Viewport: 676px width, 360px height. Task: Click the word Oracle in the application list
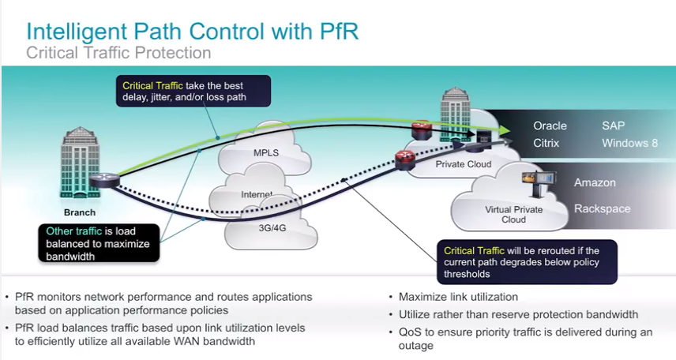(x=550, y=126)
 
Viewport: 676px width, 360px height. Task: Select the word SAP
(x=613, y=126)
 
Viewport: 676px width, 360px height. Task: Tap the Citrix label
(x=546, y=143)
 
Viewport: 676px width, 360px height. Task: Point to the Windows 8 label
(x=629, y=143)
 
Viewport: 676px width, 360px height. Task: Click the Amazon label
(x=595, y=182)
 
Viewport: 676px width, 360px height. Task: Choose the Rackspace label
(x=602, y=208)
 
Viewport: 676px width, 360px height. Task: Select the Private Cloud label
(x=464, y=164)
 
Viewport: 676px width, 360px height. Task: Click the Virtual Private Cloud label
(x=513, y=215)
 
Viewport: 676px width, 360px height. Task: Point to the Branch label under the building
(x=80, y=212)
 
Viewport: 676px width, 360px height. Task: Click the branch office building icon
(x=79, y=166)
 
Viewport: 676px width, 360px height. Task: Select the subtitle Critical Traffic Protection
(x=118, y=53)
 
